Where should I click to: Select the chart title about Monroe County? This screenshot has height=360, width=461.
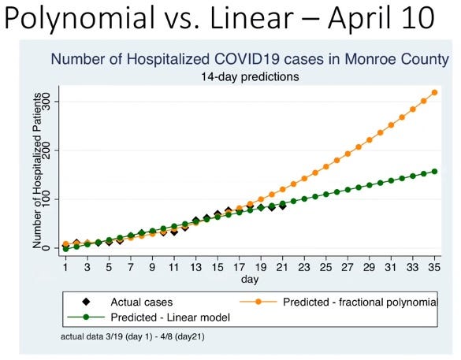251,59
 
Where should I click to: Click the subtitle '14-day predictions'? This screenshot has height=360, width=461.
251,77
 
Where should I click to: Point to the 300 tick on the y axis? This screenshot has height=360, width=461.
46,102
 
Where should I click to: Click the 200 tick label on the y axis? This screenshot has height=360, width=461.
46,150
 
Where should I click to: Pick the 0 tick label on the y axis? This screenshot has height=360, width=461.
46,248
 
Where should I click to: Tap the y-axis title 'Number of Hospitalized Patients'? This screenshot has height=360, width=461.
35,175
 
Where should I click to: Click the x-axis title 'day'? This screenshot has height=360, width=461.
250,278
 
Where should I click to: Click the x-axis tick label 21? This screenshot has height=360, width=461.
282,267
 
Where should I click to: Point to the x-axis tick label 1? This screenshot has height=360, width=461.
65,267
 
